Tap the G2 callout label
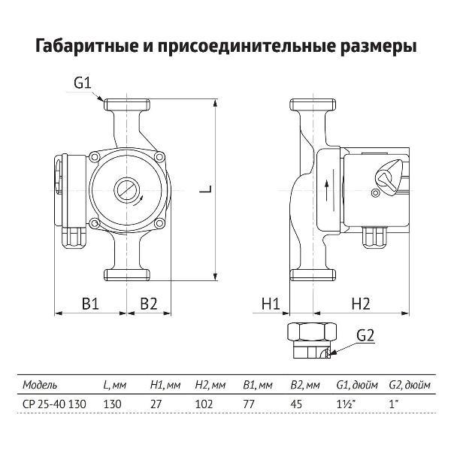[x=365, y=335]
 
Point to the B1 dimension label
[x=89, y=304]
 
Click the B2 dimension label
[x=148, y=304]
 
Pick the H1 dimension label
[x=271, y=304]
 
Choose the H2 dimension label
[x=362, y=304]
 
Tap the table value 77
[x=250, y=403]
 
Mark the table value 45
[x=297, y=403]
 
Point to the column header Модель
[x=40, y=384]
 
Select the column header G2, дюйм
[x=410, y=384]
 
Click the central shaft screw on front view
[x=126, y=189]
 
